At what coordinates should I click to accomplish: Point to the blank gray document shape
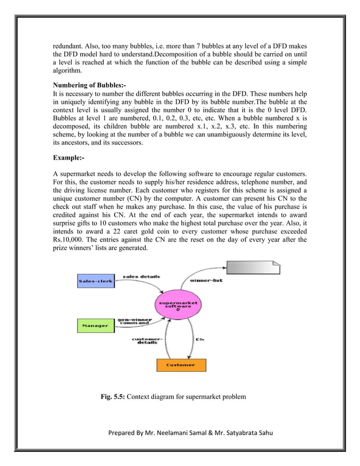coord(252,270)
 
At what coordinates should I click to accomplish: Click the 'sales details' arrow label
coord(141,276)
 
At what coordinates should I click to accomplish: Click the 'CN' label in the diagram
coord(199,339)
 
